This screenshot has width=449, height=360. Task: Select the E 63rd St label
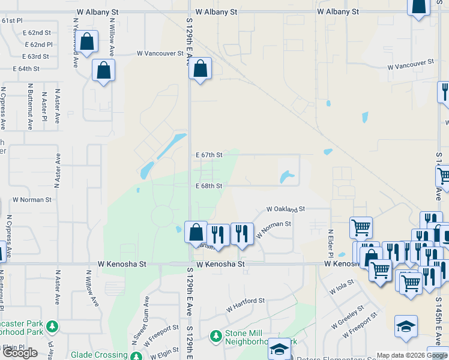pyautogui.click(x=35, y=56)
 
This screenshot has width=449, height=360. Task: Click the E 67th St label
pyautogui.click(x=209, y=155)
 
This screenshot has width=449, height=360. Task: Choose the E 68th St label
pyautogui.click(x=209, y=186)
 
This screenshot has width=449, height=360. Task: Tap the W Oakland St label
pyautogui.click(x=286, y=209)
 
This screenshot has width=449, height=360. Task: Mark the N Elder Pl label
pyautogui.click(x=330, y=240)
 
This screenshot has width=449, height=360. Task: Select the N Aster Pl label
pyautogui.click(x=44, y=106)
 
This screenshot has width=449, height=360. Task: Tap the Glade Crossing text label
pyautogui.click(x=98, y=355)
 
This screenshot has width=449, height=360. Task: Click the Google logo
pyautogui.click(x=20, y=353)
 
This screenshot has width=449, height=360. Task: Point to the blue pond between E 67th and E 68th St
pyautogui.click(x=286, y=177)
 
